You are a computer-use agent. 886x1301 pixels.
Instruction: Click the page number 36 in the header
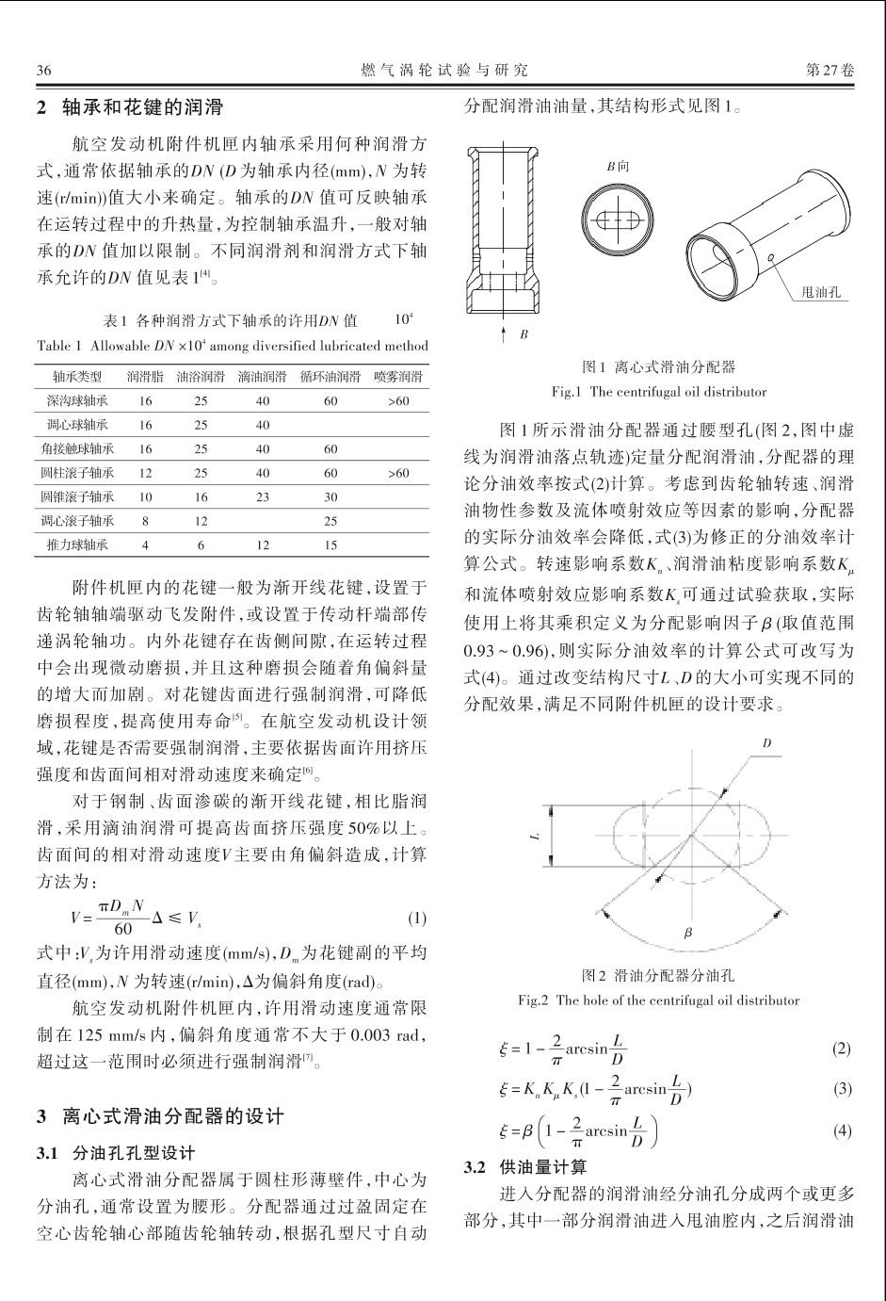click(x=42, y=71)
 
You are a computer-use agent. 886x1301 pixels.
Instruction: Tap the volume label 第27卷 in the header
click(x=830, y=71)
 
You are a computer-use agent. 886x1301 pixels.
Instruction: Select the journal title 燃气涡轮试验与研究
click(x=443, y=71)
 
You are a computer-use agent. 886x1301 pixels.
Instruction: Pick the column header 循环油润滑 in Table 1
click(x=330, y=377)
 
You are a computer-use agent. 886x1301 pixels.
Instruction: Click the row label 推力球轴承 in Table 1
click(x=77, y=545)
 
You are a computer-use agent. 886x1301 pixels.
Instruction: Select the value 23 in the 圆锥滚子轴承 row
click(x=263, y=496)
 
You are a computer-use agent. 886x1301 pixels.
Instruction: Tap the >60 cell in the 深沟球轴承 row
click(x=398, y=401)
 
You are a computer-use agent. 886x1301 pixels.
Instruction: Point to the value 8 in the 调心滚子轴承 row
click(x=145, y=520)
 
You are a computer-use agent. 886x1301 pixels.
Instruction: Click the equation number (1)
click(x=418, y=918)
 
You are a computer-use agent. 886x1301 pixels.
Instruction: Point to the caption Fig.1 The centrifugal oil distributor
click(x=658, y=391)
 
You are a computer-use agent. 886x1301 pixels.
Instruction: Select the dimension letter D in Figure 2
click(x=767, y=743)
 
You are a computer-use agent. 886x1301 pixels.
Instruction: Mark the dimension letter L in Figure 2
click(x=532, y=837)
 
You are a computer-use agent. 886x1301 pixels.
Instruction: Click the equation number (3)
click(x=843, y=1089)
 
